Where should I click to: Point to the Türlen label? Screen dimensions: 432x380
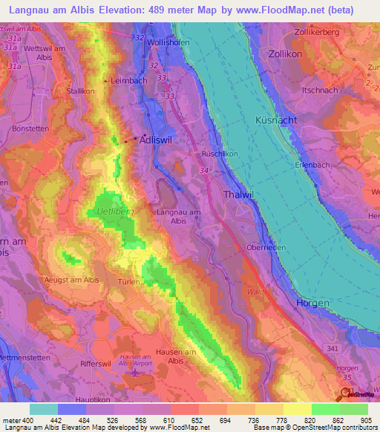[131, 283]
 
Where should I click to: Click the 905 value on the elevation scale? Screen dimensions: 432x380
[365, 419]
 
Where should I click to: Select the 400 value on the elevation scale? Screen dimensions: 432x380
[26, 419]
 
